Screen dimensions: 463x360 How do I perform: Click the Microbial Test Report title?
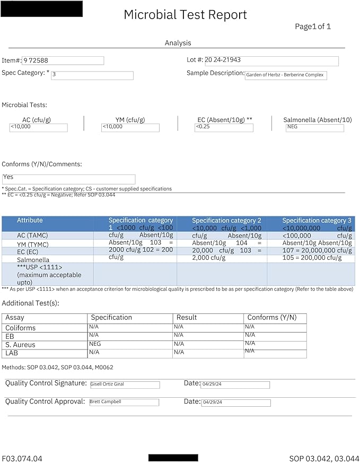coord(185,15)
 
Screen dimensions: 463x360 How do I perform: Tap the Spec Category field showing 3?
coord(92,75)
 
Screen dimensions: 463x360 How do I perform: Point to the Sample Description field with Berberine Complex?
coord(286,75)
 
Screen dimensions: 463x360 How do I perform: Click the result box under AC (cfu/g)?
coord(38,127)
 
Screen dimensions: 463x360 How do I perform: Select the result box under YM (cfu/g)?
coord(130,127)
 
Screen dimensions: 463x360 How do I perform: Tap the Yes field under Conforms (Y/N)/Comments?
coord(68,179)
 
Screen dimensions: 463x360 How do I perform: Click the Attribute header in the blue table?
coord(30,220)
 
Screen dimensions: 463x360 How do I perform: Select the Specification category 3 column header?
coord(317,220)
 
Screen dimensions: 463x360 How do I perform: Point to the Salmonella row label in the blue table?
coord(33,260)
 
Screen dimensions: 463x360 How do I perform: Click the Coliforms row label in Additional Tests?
coord(21,328)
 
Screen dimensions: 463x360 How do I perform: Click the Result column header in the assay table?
coord(187,318)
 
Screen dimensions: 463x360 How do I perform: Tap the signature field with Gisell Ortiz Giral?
coord(124,385)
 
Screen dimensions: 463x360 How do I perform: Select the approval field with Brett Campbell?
coord(124,403)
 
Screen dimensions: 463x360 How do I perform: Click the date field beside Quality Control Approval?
coord(236,403)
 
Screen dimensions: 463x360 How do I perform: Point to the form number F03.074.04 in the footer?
coord(22,458)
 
